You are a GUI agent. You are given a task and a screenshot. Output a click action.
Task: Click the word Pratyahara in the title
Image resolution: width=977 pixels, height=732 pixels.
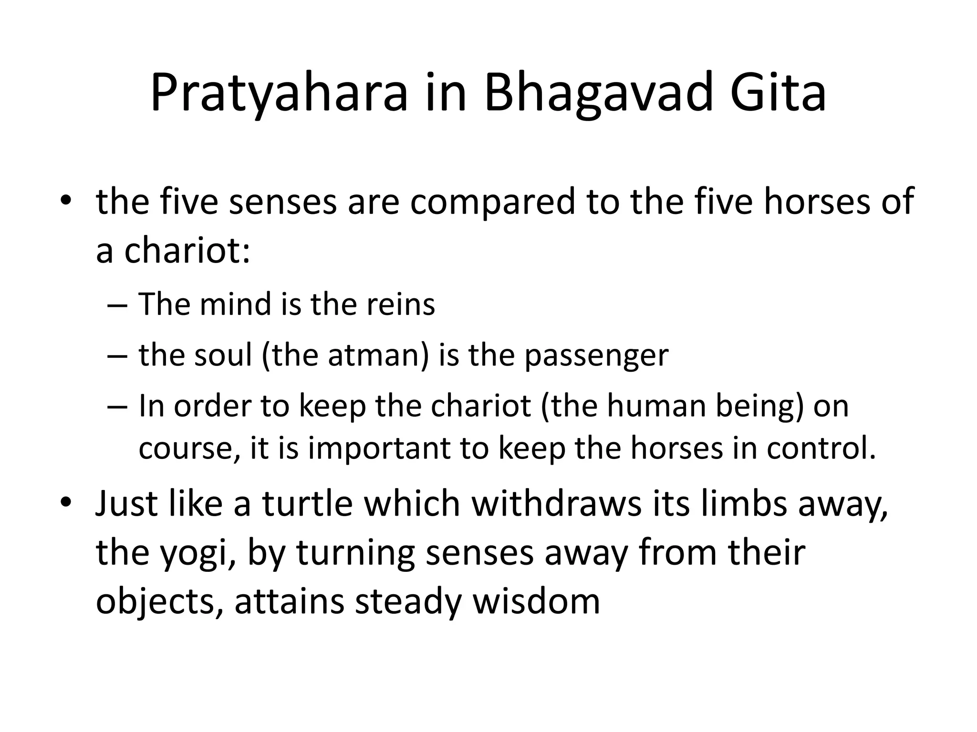coord(279,93)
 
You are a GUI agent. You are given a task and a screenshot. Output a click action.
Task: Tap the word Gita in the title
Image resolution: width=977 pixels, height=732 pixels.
coord(778,93)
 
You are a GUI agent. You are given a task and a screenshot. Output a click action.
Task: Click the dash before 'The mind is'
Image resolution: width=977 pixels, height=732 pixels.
coord(117,305)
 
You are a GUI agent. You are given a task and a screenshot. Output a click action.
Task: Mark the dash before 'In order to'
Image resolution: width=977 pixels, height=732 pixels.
coord(117,407)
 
